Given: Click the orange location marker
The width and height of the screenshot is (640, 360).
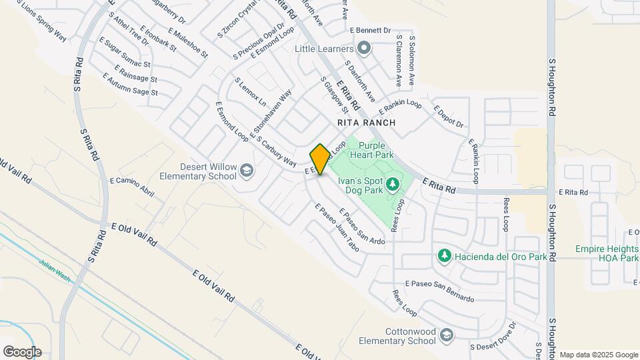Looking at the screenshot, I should click(x=320, y=159).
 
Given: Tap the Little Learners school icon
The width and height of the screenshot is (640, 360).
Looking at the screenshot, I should click(x=363, y=48).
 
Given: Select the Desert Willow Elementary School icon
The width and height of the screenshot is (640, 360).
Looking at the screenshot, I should click(x=247, y=171).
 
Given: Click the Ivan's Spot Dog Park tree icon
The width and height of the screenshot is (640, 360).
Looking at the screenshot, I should click(x=393, y=183).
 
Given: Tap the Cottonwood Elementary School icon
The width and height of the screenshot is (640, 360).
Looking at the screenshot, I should click(x=446, y=336).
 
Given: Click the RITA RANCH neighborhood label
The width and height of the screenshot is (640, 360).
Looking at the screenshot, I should click(x=366, y=123).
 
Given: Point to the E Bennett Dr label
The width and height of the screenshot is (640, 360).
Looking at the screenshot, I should click(x=370, y=30).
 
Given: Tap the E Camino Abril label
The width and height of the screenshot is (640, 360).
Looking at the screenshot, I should click(x=132, y=188).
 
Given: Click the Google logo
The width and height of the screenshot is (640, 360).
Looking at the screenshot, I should click(x=21, y=352).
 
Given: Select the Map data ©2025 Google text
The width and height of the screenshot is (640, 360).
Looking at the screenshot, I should click(x=598, y=355).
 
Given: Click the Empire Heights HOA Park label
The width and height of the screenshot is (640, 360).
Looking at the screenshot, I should click(x=607, y=253).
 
